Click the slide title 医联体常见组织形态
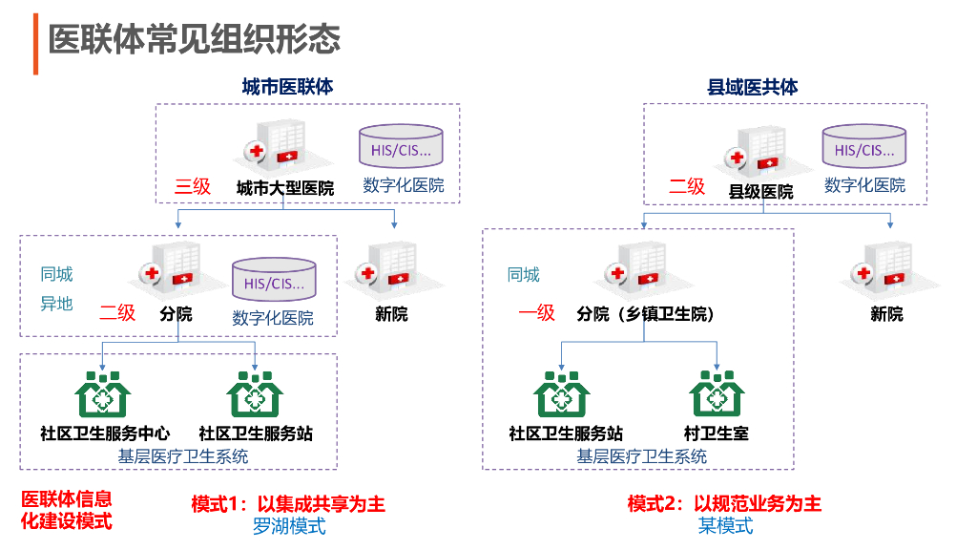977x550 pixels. tap(195, 40)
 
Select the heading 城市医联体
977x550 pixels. tap(288, 87)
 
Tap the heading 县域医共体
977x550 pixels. tap(753, 87)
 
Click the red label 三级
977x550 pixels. tap(193, 186)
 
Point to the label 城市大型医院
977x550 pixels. tap(285, 188)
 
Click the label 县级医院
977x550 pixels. tap(760, 191)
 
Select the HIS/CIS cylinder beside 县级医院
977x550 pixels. tap(864, 146)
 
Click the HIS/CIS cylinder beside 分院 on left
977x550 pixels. tap(274, 280)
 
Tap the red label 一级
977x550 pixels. tap(536, 312)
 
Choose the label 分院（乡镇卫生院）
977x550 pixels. tap(645, 313)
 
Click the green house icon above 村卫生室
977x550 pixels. tap(717, 393)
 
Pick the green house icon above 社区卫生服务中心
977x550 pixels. tap(103, 394)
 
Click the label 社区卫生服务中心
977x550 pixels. tap(105, 434)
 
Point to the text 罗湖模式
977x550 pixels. tap(289, 526)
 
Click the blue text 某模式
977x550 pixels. tap(725, 526)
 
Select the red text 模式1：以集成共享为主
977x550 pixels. tap(288, 504)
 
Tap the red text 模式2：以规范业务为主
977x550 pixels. tap(725, 503)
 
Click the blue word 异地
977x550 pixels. tap(56, 304)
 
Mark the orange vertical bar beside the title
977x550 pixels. tap(35, 44)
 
